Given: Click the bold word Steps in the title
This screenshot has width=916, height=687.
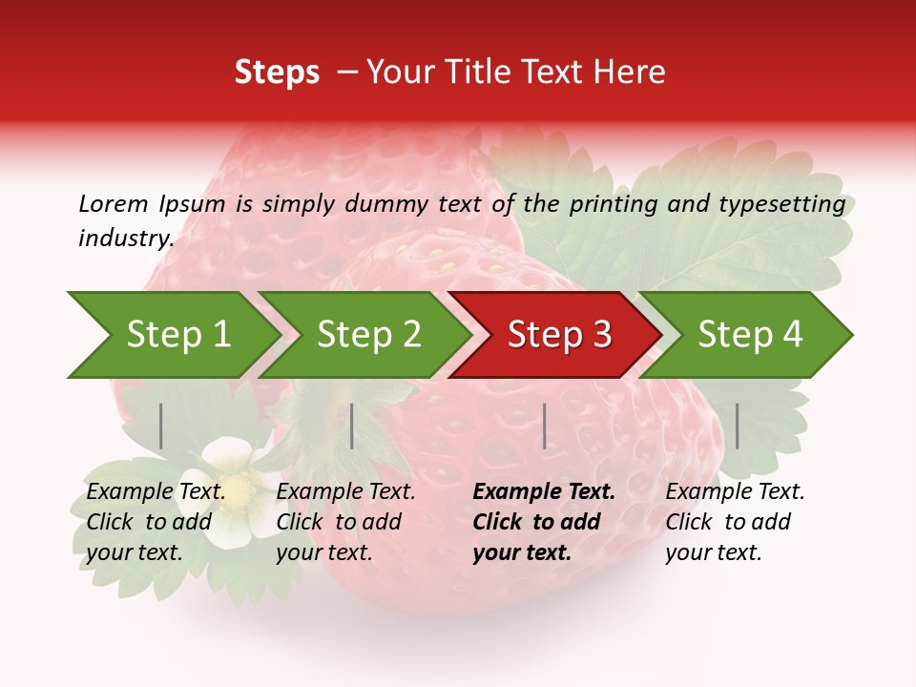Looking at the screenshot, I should click(277, 73).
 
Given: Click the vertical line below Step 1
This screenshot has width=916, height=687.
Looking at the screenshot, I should click(161, 426).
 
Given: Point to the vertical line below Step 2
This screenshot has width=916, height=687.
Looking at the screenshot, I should click(352, 426).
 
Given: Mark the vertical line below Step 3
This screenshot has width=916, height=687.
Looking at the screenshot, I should click(544, 426).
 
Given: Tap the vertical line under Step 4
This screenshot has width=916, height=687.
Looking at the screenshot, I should click(737, 426).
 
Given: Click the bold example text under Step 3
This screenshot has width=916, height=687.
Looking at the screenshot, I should click(544, 522).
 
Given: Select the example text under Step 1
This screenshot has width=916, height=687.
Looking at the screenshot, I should click(156, 522).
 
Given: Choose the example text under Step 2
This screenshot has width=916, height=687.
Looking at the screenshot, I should click(345, 522).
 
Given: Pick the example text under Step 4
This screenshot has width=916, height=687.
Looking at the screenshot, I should click(735, 522).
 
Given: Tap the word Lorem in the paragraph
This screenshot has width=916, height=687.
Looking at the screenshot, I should click(114, 204).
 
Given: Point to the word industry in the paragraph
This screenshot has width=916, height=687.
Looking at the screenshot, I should click(125, 239).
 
